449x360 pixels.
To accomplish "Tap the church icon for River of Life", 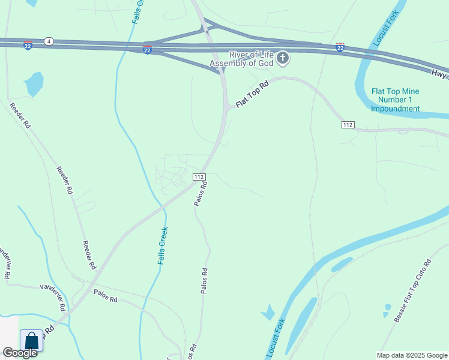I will click(283, 58).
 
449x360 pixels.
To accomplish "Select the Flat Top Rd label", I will click(250, 95).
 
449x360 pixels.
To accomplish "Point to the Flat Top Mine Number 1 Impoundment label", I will click(395, 100).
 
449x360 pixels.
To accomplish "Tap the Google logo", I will click(20, 353).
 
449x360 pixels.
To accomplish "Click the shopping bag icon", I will click(32, 341).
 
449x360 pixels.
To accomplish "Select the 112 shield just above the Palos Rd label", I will click(200, 177).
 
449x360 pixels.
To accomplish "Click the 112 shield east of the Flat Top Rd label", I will click(348, 124).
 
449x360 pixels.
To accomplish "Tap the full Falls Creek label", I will click(163, 245).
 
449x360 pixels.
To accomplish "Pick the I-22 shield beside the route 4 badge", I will click(28, 46).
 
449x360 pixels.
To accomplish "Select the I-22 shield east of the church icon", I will click(340, 47).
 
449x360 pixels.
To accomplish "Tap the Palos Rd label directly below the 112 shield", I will click(200, 194).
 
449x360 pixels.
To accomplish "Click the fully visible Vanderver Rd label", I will click(52, 297).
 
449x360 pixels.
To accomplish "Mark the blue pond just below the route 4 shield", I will click(34, 83).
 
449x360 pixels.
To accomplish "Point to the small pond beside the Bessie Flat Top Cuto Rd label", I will click(387, 310).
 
